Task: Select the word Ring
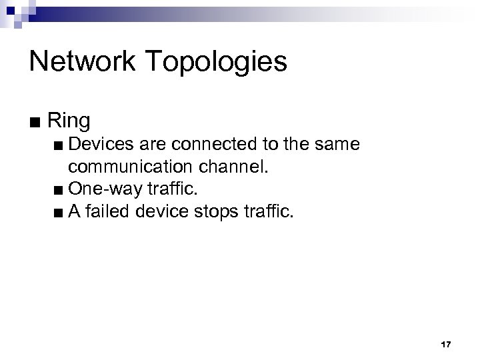(69, 122)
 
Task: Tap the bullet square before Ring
(35, 123)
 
